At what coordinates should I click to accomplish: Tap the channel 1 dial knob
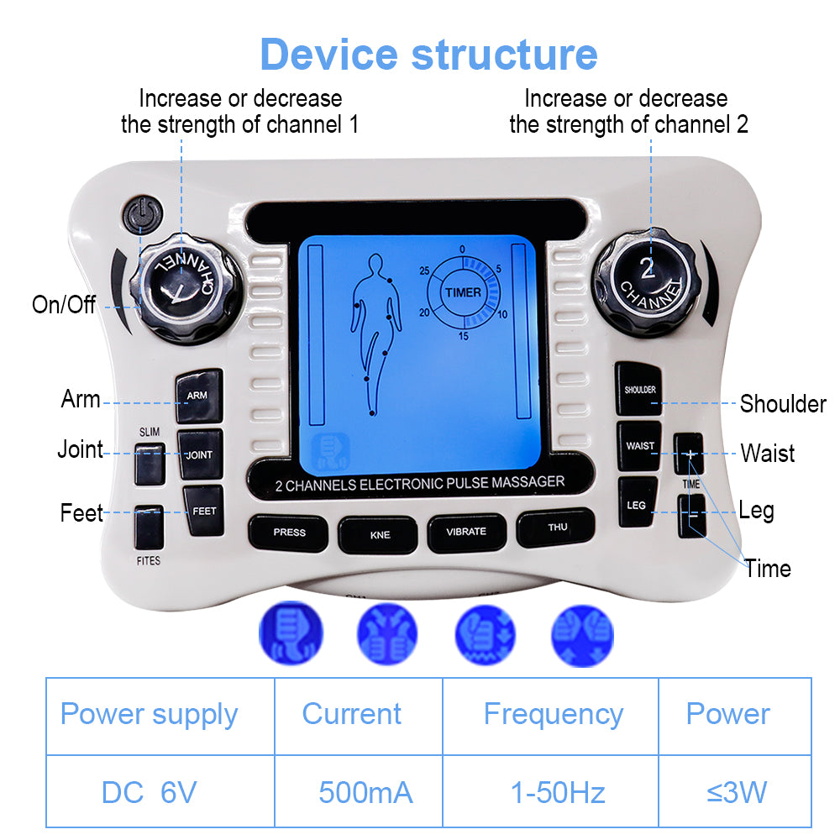[x=183, y=281]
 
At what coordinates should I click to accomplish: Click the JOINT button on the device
[x=200, y=454]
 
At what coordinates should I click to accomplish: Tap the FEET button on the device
[x=203, y=511]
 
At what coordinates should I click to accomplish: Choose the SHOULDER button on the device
[x=640, y=389]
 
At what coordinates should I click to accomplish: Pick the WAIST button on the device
[x=640, y=446]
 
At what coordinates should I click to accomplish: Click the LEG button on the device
[x=637, y=505]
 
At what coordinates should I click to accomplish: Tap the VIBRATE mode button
[x=466, y=532]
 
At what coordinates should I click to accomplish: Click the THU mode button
[x=557, y=528]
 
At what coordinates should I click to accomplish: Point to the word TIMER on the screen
[x=464, y=292]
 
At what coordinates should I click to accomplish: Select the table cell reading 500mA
[x=365, y=792]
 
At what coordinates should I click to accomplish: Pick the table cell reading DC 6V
[x=149, y=792]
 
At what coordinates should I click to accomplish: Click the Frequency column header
[x=553, y=715]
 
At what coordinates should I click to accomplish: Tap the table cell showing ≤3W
[x=736, y=792]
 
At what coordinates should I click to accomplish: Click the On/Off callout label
[x=64, y=304]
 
